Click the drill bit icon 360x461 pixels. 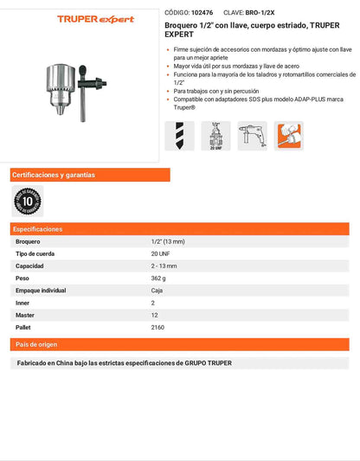[179, 137]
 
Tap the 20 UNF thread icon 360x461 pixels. [215, 137]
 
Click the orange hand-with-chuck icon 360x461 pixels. [288, 137]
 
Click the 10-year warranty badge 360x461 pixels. [27, 201]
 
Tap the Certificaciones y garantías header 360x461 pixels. [54, 175]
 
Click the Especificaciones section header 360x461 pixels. [38, 229]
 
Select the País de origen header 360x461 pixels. [35, 344]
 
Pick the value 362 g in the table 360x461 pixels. [158, 279]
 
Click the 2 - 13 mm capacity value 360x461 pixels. [164, 266]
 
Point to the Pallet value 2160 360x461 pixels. [158, 328]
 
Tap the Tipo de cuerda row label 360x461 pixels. [36, 254]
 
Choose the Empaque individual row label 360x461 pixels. [41, 291]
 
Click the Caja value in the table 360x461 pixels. [157, 291]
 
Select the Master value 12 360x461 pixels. [154, 316]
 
